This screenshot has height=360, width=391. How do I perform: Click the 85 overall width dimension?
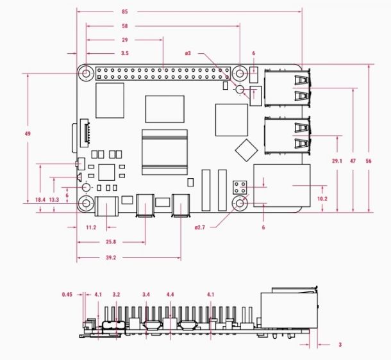point(125,12)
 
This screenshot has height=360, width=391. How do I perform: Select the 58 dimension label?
point(125,26)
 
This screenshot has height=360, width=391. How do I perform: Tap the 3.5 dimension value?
point(125,53)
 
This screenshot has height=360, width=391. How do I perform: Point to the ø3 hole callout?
point(188,53)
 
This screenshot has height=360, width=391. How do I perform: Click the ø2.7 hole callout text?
point(200,227)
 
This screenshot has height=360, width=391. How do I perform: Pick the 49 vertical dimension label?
point(28,134)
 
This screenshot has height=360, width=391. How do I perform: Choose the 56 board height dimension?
point(369,161)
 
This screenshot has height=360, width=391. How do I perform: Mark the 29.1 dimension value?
point(337,161)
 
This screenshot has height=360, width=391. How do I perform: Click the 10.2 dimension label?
point(322,199)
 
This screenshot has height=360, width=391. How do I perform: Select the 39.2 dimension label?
point(111,258)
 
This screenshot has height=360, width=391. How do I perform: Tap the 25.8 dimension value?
point(111,242)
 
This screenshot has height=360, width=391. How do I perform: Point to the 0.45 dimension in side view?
point(67,295)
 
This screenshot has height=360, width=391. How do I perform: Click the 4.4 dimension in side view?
point(170,295)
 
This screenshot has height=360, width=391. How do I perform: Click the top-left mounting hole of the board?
point(87,74)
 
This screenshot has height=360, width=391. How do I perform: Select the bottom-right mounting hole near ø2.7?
point(240,204)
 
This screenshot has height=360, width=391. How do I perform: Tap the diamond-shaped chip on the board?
point(246,151)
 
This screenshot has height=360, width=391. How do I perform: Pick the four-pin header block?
point(240,188)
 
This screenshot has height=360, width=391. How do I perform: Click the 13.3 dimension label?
point(54,200)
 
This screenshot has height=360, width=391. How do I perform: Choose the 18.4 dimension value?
point(40,200)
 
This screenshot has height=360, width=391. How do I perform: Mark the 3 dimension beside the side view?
point(340,345)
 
